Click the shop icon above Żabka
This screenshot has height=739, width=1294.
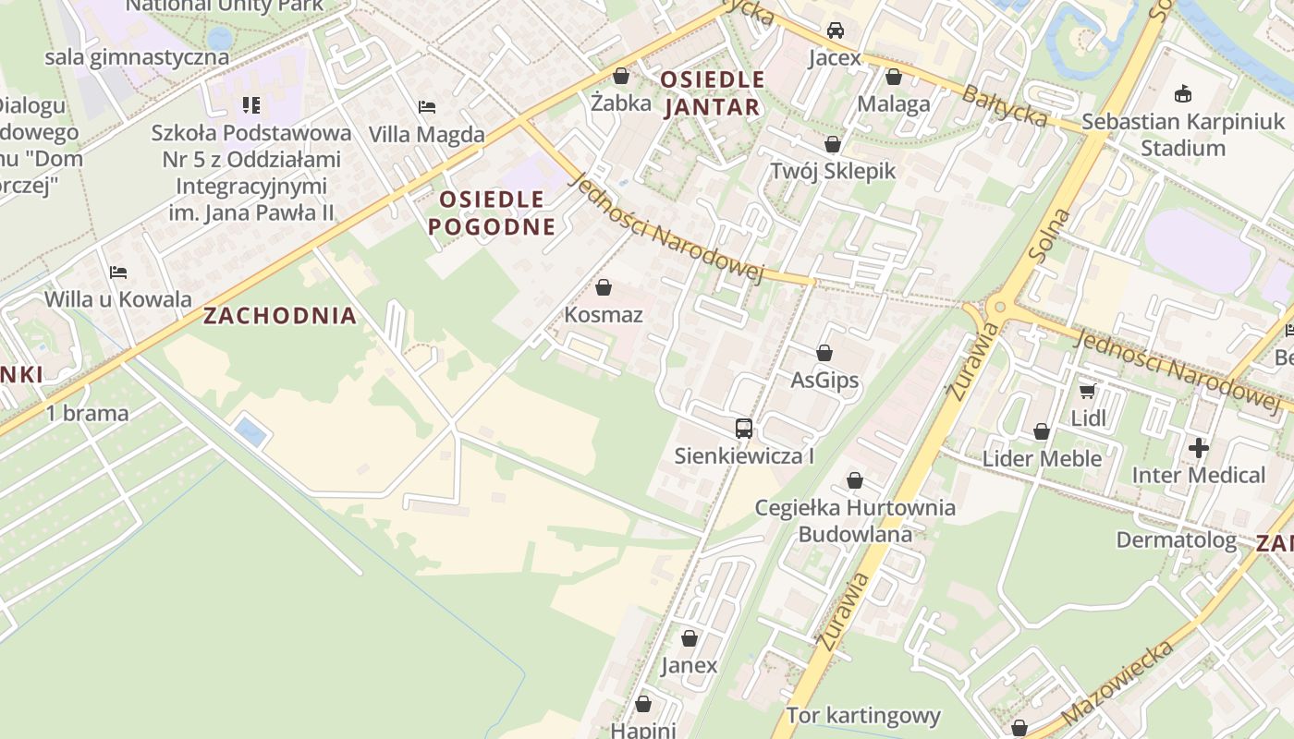click(x=621, y=76)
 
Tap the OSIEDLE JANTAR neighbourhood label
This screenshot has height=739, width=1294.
click(x=712, y=93)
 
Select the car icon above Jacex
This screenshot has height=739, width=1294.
click(x=836, y=30)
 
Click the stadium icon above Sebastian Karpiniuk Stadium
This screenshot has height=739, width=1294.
click(x=1182, y=93)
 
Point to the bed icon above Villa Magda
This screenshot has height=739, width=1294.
click(x=427, y=107)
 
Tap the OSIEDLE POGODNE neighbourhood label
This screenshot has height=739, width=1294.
click(x=492, y=212)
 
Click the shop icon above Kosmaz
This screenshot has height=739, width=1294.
click(x=604, y=287)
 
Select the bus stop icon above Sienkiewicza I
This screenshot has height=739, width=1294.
click(x=744, y=428)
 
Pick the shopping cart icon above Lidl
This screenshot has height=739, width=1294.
click(x=1088, y=391)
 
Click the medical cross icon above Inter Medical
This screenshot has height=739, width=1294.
click(x=1199, y=448)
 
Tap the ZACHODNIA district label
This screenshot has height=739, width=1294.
click(x=279, y=316)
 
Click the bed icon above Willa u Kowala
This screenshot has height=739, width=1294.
click(x=118, y=273)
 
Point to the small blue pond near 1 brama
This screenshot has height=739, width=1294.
click(x=249, y=430)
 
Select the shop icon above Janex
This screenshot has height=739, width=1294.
click(x=690, y=638)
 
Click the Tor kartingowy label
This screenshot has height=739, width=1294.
click(x=863, y=715)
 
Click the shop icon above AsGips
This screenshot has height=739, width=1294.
click(x=824, y=353)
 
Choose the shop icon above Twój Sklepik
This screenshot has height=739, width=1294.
click(x=833, y=144)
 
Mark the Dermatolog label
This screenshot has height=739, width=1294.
click(x=1176, y=539)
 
